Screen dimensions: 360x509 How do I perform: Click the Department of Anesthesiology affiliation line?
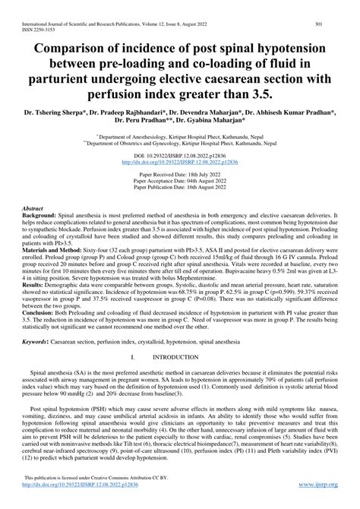pos(179,129)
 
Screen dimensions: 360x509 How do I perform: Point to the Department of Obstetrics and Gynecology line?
pos(179,136)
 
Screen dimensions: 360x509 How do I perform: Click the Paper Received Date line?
pos(179,173)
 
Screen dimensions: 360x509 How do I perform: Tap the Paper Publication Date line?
pos(179,186)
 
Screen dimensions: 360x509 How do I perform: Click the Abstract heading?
pos(33,207)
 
